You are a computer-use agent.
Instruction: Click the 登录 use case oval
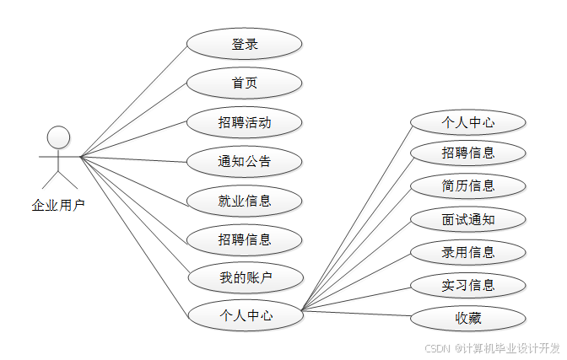[x=244, y=45]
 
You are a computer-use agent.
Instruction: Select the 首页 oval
[x=244, y=83]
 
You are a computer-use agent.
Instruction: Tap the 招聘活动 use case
[x=244, y=122]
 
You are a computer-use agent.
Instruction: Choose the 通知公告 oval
[x=244, y=161]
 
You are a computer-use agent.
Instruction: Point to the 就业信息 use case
[x=244, y=201]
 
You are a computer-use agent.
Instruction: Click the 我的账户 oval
[x=244, y=277]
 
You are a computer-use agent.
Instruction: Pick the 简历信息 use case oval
[x=468, y=185]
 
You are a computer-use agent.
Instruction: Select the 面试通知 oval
[x=468, y=220]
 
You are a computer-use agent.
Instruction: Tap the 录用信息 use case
[x=468, y=252]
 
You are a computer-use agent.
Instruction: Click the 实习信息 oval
[x=468, y=285]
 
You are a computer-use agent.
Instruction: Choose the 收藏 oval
[x=468, y=318]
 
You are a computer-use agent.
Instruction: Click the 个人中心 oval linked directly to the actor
[x=246, y=315]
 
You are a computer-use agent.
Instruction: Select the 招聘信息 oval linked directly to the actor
[x=244, y=239]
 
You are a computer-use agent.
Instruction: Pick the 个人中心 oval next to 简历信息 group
[x=468, y=121]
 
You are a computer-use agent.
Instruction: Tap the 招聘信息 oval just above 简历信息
[x=468, y=153]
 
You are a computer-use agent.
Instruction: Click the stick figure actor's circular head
[x=58, y=137]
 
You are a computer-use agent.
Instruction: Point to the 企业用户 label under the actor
[x=58, y=204]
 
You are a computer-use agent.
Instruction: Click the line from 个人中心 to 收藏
[x=357, y=316]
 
